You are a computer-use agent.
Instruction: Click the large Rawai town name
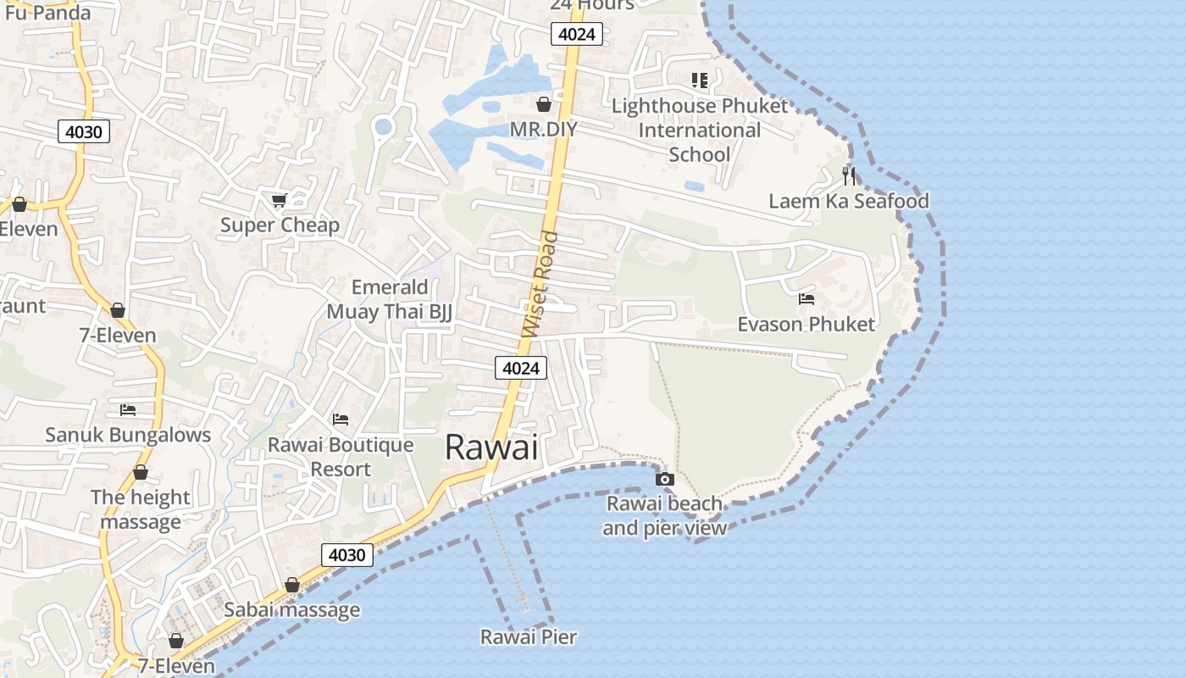click(491, 447)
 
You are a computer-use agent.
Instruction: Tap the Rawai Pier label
click(529, 636)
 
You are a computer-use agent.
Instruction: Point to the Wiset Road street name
click(541, 284)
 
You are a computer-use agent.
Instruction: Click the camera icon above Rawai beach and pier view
click(665, 479)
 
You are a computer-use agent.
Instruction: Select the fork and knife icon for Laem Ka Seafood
click(849, 176)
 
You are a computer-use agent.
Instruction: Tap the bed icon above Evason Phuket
click(806, 299)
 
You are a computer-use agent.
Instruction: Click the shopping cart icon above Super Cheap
click(279, 200)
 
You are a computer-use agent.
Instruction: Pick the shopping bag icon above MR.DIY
click(544, 104)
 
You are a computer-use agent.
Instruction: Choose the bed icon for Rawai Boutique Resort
click(341, 420)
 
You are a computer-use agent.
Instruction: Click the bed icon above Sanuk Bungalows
click(128, 410)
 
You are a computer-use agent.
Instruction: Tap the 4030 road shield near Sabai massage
click(347, 555)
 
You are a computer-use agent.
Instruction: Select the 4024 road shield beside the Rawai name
click(520, 368)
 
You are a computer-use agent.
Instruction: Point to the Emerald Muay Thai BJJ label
click(390, 299)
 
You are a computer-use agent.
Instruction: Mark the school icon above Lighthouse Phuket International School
click(699, 81)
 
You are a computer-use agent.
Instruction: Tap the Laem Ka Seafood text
click(849, 201)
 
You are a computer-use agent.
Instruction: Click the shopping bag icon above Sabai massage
click(292, 585)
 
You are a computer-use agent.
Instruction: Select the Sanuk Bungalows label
click(128, 435)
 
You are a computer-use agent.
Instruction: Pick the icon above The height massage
click(141, 472)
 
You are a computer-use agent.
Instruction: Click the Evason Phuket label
click(806, 325)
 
